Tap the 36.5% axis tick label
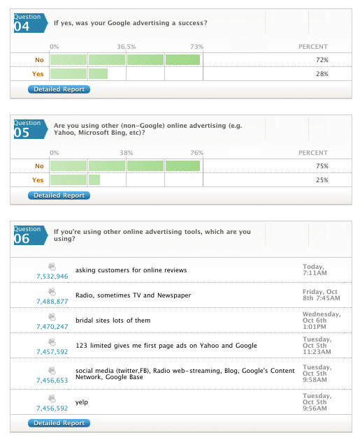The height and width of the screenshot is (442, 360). [x=127, y=47]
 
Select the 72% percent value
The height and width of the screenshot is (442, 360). [x=322, y=60]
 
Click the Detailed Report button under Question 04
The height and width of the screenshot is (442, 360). [x=59, y=89]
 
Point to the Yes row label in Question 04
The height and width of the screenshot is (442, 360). [x=38, y=74]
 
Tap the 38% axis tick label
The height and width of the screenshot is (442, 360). [x=126, y=153]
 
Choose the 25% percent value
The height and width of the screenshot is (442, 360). [x=322, y=180]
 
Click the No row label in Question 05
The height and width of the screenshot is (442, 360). [x=39, y=166]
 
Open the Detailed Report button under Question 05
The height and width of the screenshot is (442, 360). [x=59, y=196]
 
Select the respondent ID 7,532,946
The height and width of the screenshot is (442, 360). [x=52, y=277]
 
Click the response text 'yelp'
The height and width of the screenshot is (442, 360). [x=82, y=402]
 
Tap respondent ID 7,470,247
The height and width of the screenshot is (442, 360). [x=52, y=326]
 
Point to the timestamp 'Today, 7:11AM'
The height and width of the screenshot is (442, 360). [x=315, y=270]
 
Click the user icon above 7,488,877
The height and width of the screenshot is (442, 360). [x=52, y=292]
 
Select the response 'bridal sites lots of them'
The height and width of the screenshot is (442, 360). [x=113, y=321]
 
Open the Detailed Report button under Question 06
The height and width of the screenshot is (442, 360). [x=59, y=423]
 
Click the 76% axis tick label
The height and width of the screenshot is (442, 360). [x=197, y=153]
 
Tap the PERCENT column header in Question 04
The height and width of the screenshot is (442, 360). [x=313, y=47]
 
